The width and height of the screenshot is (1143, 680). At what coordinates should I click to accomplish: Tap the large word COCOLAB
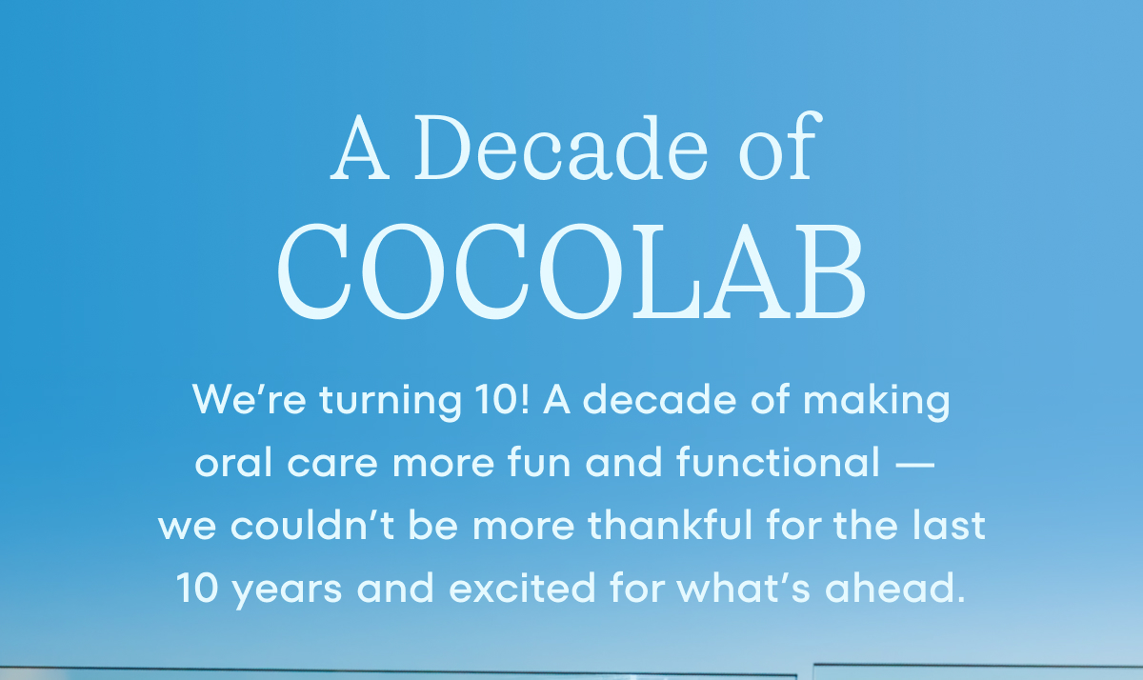click(x=571, y=270)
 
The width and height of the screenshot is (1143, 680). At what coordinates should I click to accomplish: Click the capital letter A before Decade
click(x=360, y=148)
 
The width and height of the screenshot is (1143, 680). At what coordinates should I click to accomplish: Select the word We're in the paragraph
click(x=249, y=399)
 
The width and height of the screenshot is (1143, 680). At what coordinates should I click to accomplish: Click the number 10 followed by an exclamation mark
click(x=502, y=399)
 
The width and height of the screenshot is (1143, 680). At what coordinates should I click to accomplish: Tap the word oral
click(x=233, y=462)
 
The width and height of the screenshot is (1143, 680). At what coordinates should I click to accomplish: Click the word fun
click(x=539, y=462)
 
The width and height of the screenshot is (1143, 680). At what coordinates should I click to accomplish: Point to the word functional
click(x=778, y=462)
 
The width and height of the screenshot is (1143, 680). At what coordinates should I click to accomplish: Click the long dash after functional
click(x=915, y=465)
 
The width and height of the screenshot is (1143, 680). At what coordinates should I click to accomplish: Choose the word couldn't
click(x=312, y=525)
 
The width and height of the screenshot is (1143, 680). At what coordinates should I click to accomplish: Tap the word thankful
click(x=671, y=525)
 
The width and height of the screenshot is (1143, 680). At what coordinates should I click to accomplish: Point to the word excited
click(x=522, y=588)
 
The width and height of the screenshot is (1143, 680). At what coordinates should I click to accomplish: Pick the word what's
click(x=744, y=588)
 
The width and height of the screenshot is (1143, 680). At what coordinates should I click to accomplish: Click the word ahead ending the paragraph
click(x=895, y=588)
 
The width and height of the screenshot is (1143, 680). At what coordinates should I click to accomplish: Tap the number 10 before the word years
click(x=197, y=588)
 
